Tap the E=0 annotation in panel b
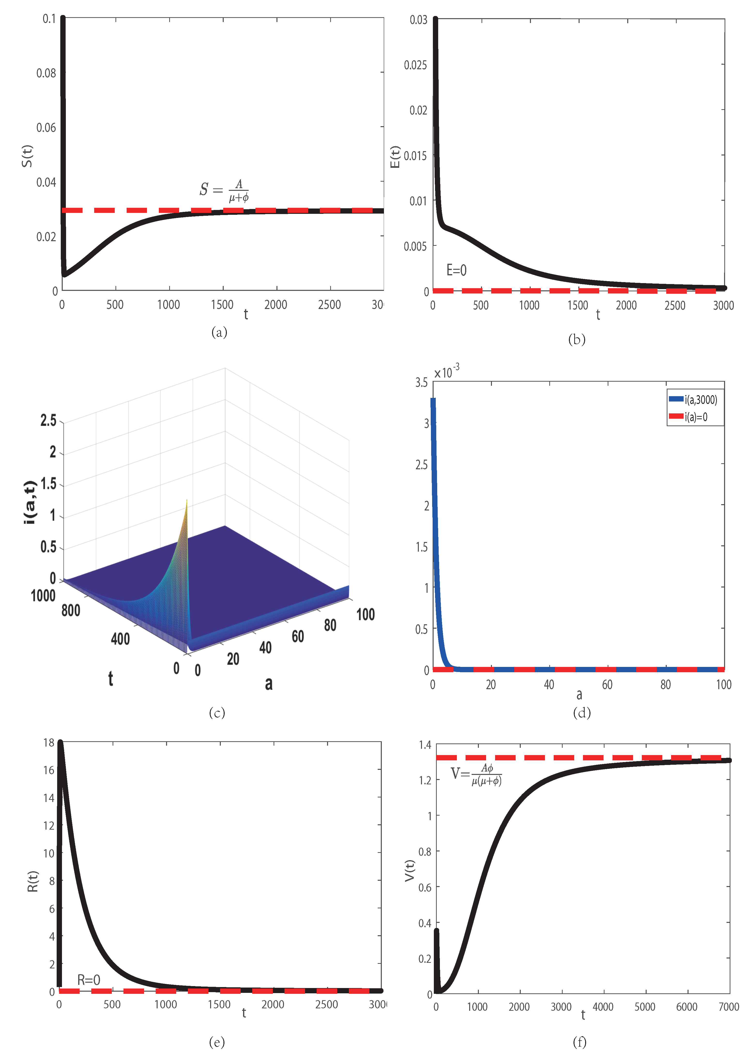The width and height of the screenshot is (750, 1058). (x=456, y=270)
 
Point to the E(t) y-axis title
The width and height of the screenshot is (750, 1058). (x=395, y=157)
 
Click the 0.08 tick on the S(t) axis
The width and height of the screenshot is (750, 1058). (x=46, y=73)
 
